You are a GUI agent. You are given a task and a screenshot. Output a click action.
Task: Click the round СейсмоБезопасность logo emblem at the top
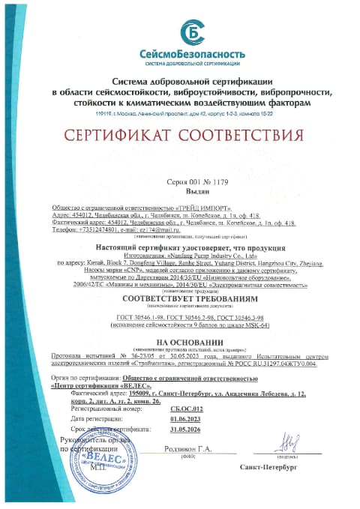(193, 33)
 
